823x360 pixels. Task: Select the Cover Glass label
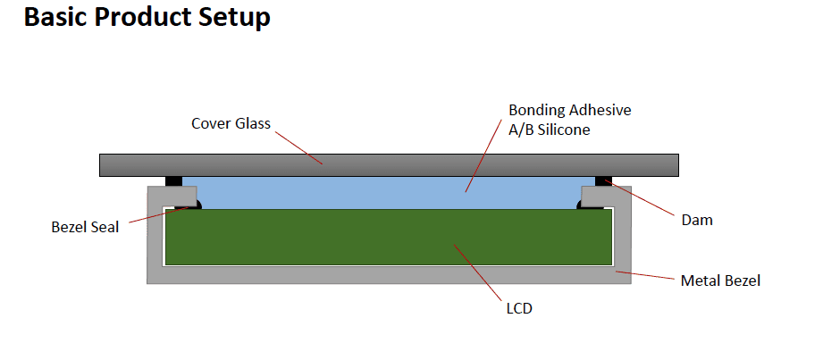tap(231, 124)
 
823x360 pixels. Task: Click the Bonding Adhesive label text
tap(570, 111)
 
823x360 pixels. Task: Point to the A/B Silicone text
tap(550, 130)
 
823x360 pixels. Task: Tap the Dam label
tap(697, 220)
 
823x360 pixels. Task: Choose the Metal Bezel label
tap(720, 280)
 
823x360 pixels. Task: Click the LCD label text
tap(519, 308)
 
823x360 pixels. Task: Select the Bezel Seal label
tap(85, 227)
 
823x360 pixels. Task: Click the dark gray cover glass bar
tap(389, 164)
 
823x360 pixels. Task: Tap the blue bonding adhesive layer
tap(389, 193)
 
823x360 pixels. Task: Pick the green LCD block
tap(389, 237)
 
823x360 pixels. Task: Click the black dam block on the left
tap(173, 181)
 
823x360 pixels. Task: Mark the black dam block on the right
tap(603, 181)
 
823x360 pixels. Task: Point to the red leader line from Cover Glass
tap(299, 147)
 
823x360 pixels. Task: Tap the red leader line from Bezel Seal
tap(159, 215)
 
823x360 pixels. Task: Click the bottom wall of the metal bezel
tap(389, 275)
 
